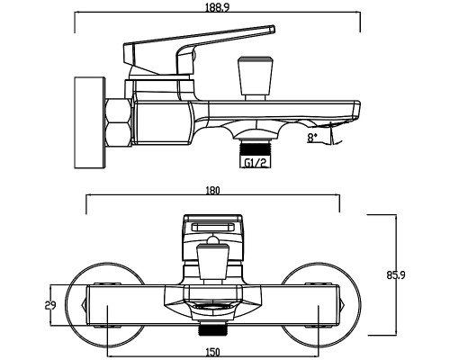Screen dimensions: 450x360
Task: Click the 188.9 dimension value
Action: tap(217, 7)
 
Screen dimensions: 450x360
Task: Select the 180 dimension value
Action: tap(212, 191)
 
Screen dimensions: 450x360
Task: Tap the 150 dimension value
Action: tap(212, 352)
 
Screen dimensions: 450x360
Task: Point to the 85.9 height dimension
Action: tap(396, 275)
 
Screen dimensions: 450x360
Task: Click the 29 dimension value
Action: tap(50, 305)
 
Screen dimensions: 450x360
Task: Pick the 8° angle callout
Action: tap(312, 138)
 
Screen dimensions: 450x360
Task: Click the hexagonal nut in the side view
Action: tap(119, 122)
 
